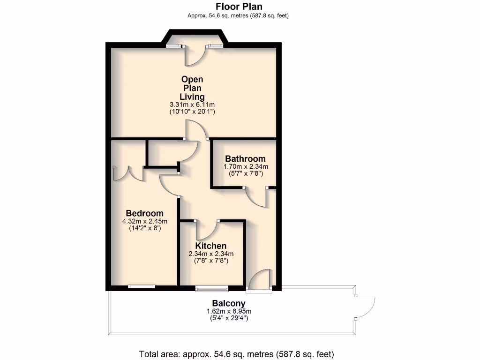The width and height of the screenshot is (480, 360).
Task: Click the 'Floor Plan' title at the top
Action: point(239,7)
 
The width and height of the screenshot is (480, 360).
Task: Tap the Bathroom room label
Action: point(245,159)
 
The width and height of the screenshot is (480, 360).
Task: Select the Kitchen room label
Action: point(211,246)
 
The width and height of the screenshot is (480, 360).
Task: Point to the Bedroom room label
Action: point(144,213)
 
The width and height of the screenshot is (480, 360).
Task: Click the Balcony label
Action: point(229,303)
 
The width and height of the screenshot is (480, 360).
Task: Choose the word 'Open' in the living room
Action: point(192,80)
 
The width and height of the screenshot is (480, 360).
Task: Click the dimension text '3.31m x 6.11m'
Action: point(192,105)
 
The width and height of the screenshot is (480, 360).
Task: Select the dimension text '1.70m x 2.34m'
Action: point(245,166)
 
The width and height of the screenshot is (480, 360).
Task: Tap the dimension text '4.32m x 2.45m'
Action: point(144,221)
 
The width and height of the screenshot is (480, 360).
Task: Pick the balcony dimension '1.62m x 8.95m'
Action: point(229,311)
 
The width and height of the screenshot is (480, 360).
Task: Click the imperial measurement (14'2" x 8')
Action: point(144,229)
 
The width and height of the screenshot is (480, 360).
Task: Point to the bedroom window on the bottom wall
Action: point(142,286)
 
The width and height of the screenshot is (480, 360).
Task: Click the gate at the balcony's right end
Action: point(365,307)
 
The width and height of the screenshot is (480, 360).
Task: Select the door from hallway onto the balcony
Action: point(260,281)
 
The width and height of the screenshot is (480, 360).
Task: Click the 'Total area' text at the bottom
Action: point(236,354)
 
